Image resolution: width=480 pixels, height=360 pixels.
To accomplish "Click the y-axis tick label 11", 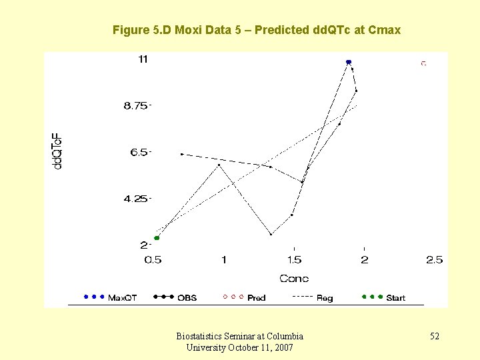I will point(143,59).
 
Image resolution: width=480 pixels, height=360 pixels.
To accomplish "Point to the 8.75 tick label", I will point(137,106).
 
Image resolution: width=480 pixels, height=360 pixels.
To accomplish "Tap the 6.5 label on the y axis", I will point(141,153).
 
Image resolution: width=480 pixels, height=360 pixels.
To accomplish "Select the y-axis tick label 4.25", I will point(137,199).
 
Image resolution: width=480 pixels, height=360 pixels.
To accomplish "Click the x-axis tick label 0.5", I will point(153,260).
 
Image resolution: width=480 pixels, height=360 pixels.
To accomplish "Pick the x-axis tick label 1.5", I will point(294,260).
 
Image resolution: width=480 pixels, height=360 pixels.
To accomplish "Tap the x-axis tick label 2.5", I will point(435,260).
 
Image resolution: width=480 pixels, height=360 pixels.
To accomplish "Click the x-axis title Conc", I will point(294,279).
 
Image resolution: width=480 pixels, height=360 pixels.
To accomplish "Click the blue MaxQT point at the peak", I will point(349,62).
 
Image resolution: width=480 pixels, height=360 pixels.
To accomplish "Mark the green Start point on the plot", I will point(157,238).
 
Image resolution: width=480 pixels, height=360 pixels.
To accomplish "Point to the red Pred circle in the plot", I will point(423,63).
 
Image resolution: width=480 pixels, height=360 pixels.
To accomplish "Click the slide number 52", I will point(434,337).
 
